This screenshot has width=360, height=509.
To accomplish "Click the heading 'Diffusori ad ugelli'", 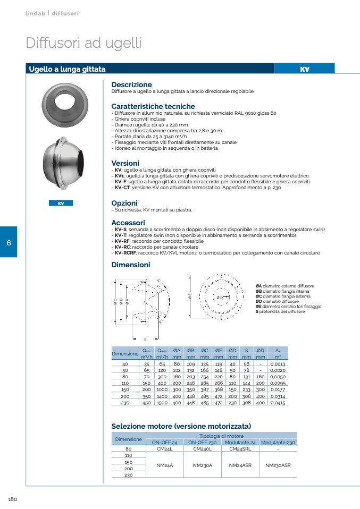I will point(83,43).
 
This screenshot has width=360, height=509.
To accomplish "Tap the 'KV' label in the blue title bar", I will point(304,69).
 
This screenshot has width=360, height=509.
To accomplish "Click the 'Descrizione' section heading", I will point(131,84).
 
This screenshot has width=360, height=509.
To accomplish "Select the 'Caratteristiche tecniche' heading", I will point(153,106).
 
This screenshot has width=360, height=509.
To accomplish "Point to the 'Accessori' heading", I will point(128,222).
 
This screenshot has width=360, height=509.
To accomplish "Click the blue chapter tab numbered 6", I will point(9,243).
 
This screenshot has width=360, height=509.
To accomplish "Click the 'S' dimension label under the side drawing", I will point(145,339).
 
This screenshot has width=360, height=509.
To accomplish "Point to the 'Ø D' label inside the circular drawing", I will point(220,297).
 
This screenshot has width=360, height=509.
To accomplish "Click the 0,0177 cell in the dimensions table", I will point(277,390).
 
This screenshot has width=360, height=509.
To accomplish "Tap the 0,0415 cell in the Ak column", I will point(277,403).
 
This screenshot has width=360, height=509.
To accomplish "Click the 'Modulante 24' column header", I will point(240,442).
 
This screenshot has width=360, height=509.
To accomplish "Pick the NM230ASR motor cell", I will point(278,465).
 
